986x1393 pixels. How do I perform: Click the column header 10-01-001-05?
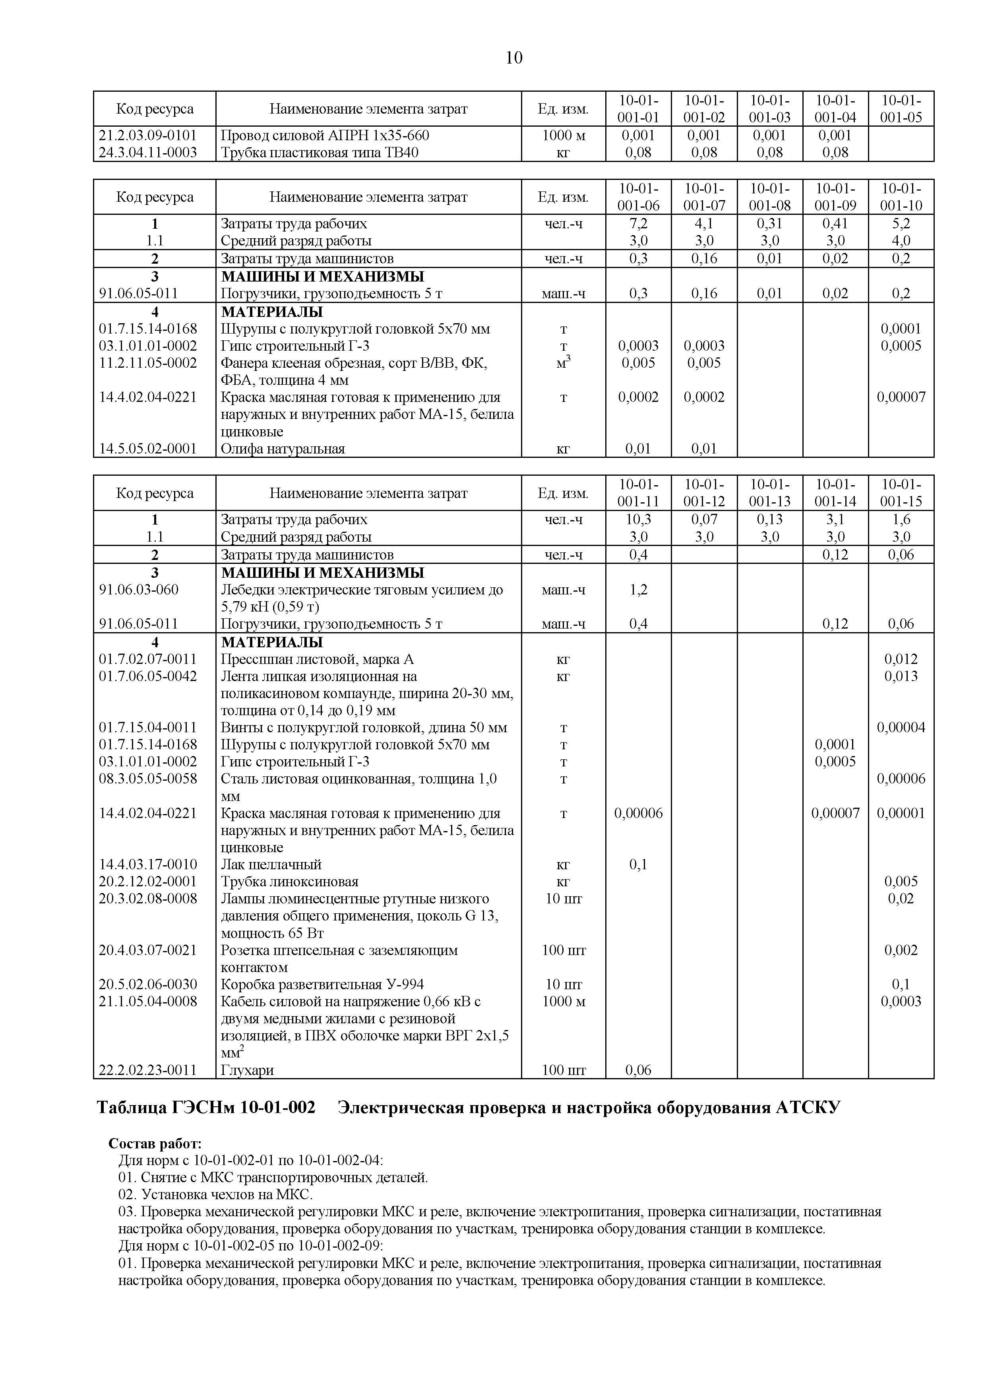901,108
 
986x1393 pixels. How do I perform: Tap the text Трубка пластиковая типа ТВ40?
320,152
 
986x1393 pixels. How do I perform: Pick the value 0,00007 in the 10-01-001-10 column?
901,397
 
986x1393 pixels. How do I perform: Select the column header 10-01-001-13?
769,493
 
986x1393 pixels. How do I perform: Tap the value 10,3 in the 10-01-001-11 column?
638,519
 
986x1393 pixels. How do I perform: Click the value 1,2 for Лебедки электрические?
638,590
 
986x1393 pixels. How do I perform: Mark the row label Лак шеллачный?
271,864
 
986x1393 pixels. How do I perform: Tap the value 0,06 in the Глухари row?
638,1070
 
